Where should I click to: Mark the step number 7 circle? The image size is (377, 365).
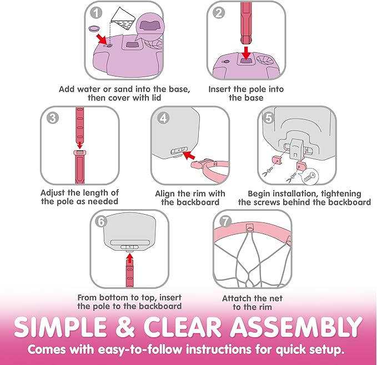click(224, 221)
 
